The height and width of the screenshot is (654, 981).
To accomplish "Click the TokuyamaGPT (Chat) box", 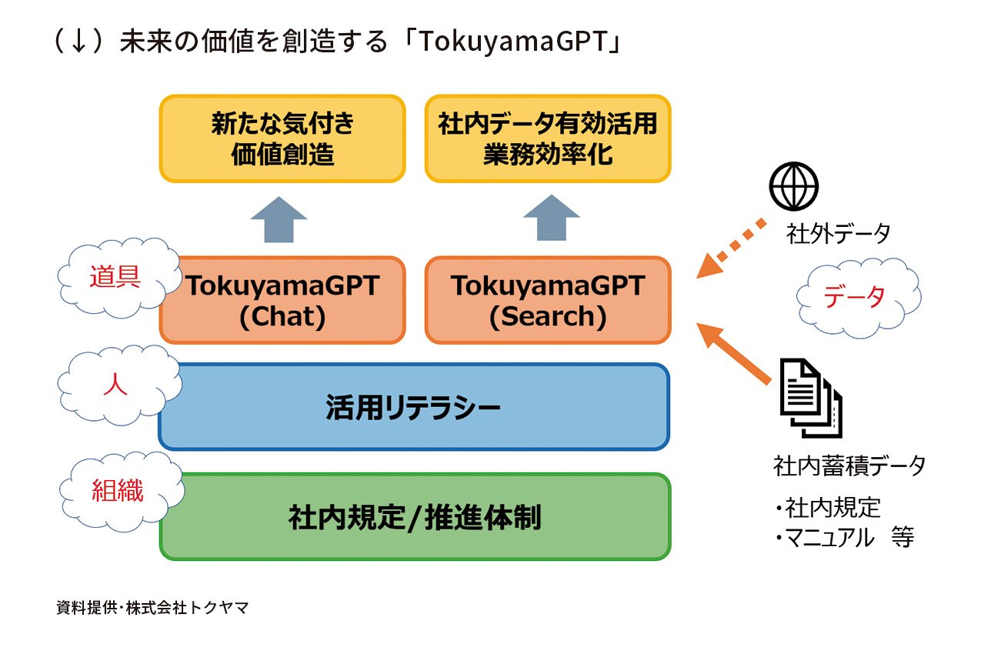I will coord(283,300).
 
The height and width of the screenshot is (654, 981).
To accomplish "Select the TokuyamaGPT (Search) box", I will coord(547,300).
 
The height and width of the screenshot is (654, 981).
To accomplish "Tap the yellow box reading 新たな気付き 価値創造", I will coord(282,139).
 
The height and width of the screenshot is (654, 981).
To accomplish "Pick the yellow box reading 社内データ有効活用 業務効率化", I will coord(547,139).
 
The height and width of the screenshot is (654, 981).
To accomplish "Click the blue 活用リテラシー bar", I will coord(413,406).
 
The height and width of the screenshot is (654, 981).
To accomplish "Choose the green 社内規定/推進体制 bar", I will coord(415,517).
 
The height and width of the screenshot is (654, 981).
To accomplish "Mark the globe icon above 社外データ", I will coord(794,186).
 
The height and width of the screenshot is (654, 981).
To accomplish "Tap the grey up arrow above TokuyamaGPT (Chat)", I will coord(279,219).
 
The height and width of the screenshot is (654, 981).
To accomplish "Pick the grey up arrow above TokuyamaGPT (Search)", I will coord(551,219).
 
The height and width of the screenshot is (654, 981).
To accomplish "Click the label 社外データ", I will coord(838,232).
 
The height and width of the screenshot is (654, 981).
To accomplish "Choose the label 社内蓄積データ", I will coord(849,465).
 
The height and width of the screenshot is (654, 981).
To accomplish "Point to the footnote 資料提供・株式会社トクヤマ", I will coord(152,608).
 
